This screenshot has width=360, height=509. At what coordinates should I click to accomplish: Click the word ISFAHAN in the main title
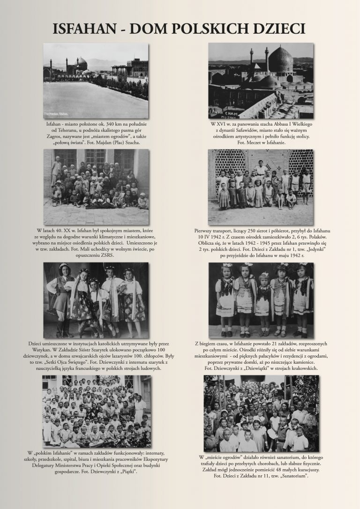click(x=83, y=29)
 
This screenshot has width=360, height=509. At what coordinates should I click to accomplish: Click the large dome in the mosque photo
click(x=280, y=61)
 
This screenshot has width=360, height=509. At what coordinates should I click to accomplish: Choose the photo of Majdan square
click(x=96, y=81)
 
